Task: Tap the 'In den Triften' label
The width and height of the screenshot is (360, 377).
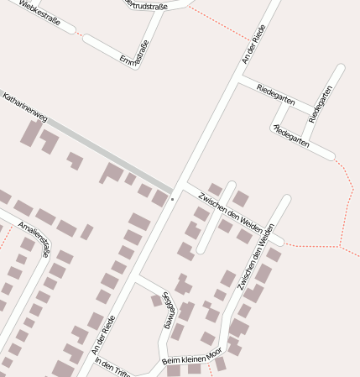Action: click(x=114, y=367)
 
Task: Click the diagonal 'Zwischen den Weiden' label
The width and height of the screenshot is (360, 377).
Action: click(x=229, y=211)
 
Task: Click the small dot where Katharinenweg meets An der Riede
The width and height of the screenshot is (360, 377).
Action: click(x=172, y=199)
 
